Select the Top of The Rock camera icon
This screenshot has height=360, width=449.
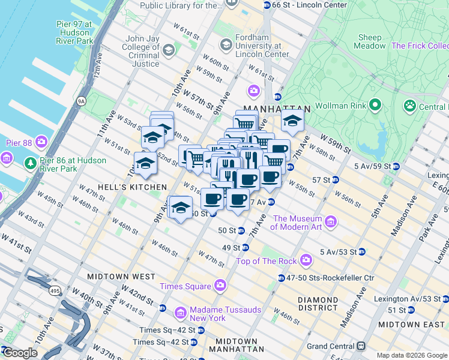pos(306,260)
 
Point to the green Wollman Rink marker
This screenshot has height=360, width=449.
pos(376,106)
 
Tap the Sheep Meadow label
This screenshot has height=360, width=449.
pos(369,41)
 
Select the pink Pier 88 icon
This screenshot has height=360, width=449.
pos(41,142)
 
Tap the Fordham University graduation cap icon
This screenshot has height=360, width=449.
pos(226,44)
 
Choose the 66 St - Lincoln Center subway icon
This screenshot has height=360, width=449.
pos(267,5)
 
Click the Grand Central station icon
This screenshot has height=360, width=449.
pos(361,346)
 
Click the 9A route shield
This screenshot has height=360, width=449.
pos(81,101)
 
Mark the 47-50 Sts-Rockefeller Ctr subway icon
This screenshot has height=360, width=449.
pos(282,277)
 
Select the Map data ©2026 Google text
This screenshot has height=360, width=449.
pos(411,355)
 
